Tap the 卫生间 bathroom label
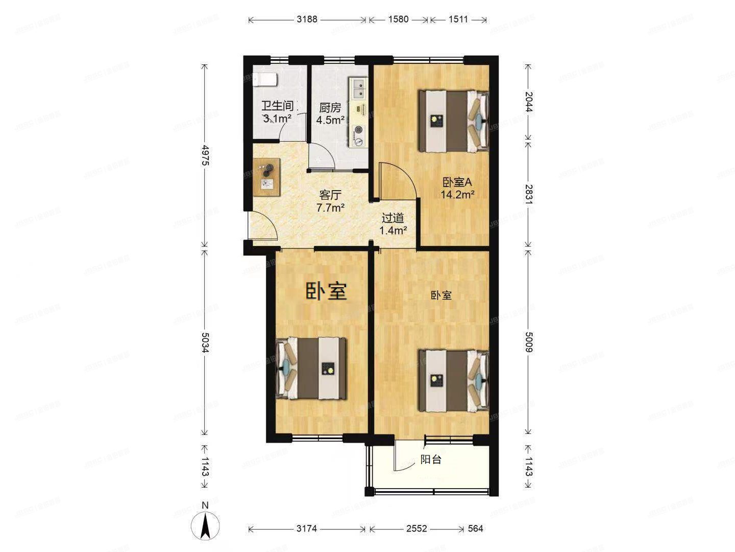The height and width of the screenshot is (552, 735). [277, 106]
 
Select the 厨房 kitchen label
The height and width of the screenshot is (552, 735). [330, 108]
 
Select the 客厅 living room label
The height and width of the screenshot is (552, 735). [330, 195]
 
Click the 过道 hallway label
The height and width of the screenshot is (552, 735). [393, 218]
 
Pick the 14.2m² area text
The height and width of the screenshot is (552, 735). [458, 194]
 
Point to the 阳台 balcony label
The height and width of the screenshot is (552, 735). [431, 459]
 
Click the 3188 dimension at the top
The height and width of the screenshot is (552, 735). [307, 19]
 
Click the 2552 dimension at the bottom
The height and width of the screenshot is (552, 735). [416, 528]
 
